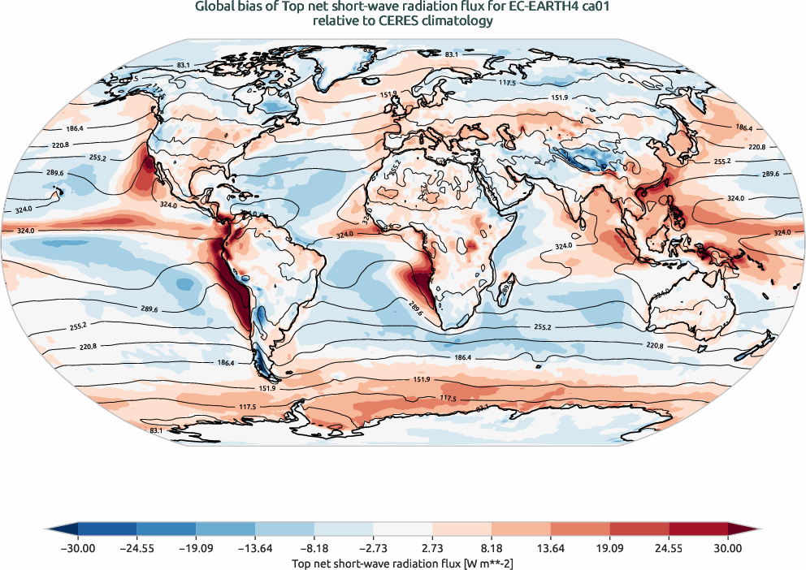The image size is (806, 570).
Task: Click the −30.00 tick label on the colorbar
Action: (77, 549)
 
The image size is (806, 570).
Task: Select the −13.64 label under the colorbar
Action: (255, 549)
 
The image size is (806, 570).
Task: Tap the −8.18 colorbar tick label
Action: (314, 549)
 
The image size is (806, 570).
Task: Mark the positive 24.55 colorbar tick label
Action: (669, 549)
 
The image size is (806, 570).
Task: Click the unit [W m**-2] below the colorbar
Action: (476, 563)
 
